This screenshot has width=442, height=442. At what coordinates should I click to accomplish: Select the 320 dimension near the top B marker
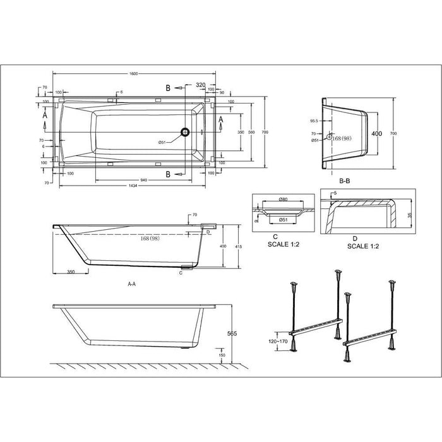pyautogui.click(x=201, y=84)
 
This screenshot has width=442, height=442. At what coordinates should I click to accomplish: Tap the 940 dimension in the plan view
pyautogui.click(x=144, y=180)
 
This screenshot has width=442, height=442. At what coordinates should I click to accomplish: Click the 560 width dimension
pyautogui.click(x=251, y=132)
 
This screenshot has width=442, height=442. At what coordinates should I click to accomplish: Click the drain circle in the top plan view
pyautogui.click(x=185, y=132)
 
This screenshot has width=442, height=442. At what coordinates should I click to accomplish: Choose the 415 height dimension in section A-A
pyautogui.click(x=237, y=246)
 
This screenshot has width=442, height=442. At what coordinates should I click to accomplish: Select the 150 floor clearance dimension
pyautogui.click(x=222, y=356)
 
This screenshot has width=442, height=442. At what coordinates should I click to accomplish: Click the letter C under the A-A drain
pyautogui.click(x=181, y=273)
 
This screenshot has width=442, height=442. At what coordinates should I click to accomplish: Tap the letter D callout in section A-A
pyautogui.click(x=208, y=232)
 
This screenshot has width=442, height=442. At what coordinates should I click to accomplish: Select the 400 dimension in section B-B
pyautogui.click(x=377, y=134)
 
